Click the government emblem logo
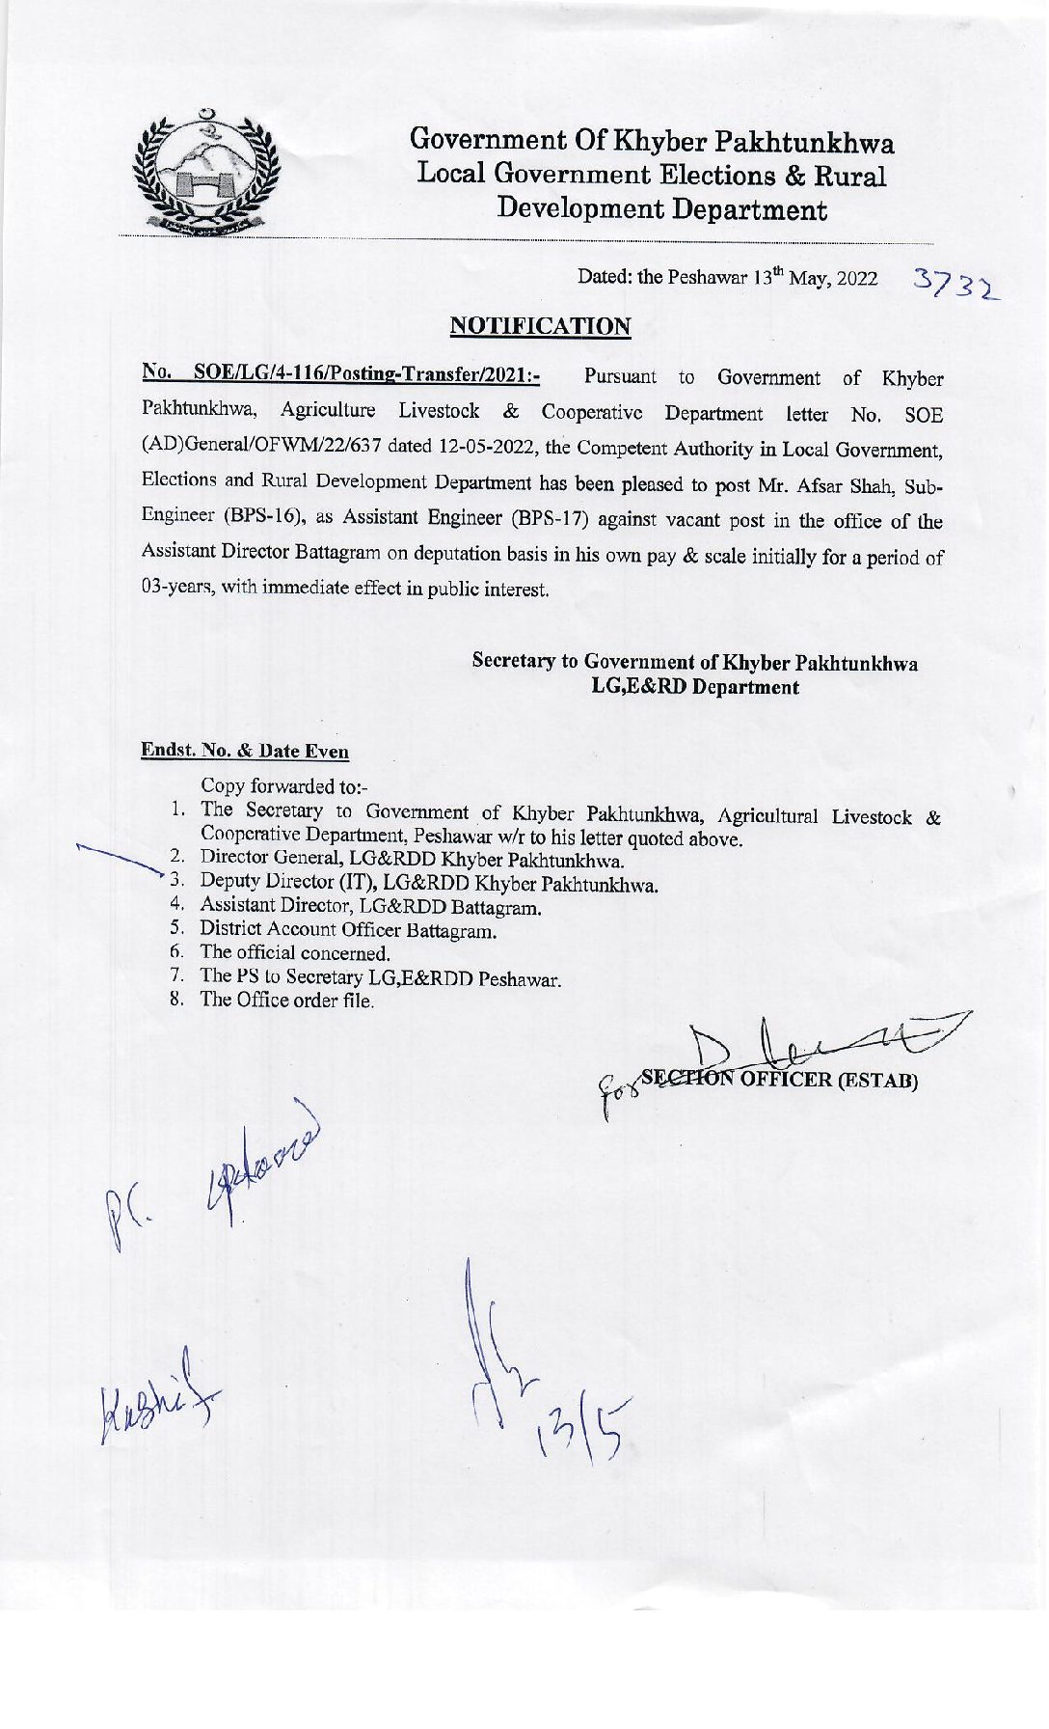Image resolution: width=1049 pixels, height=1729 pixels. [204, 174]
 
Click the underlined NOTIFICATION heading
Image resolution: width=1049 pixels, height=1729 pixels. [540, 326]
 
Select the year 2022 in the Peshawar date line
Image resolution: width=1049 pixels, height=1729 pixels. [857, 279]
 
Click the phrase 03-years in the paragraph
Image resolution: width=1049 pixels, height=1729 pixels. [177, 589]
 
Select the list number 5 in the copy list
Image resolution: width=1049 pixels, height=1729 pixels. [176, 928]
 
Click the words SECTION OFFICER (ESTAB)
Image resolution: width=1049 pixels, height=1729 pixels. [779, 1079]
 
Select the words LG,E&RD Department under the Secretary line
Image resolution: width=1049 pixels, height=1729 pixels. [694, 687]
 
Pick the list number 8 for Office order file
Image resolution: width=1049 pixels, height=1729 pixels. [176, 999]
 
